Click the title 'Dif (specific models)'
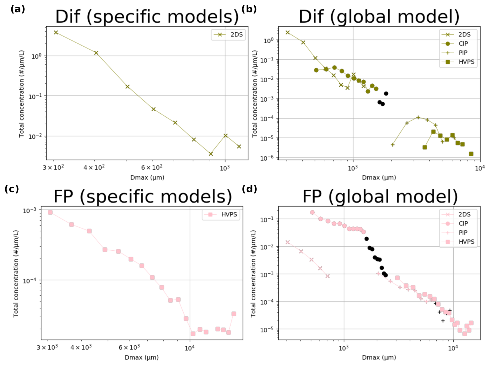tap(147, 17)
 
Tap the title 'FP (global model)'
tap(380, 197)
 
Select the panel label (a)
tap(18, 9)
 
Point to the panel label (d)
tap(249, 189)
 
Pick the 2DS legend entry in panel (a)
tap(228, 35)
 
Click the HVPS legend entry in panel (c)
tap(221, 214)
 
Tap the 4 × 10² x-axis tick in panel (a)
tap(94, 168)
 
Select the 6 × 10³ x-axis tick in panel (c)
tap(129, 347)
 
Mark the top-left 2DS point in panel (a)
tap(56, 32)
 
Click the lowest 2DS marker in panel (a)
tap(211, 154)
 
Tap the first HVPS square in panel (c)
tap(50, 212)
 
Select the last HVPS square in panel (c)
tap(234, 314)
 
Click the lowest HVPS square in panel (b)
tap(471, 154)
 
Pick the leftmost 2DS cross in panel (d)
tap(287, 242)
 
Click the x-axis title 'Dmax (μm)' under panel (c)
tap(141, 357)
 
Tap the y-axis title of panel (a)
tap(21, 94)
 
